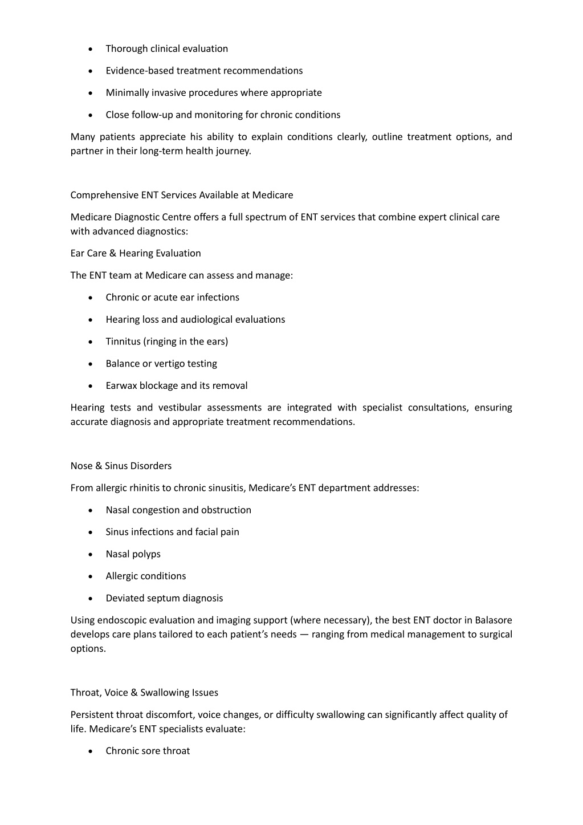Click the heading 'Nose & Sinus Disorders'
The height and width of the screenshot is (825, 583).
coord(121,466)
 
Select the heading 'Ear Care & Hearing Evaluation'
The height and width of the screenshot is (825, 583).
coord(136,253)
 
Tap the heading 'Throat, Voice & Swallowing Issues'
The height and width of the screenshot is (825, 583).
coord(144,693)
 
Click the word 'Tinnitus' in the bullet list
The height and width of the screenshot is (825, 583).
coord(123,342)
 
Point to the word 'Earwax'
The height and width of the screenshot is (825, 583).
coord(121,386)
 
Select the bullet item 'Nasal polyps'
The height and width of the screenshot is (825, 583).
coord(133,554)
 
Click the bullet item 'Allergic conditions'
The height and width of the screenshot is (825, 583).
coord(145,576)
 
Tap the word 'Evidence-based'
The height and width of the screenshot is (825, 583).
coord(140,71)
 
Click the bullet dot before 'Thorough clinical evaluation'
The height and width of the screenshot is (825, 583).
coord(91,50)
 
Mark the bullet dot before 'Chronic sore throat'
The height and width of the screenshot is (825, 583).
coord(91,751)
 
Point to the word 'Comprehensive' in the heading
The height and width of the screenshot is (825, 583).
coord(104,195)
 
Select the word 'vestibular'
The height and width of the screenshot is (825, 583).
coord(180,408)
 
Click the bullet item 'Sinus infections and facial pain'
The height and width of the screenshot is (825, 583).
coord(172,532)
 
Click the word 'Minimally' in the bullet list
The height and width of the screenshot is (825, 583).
coord(127,93)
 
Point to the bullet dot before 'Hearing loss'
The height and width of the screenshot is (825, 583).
coord(91,320)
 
